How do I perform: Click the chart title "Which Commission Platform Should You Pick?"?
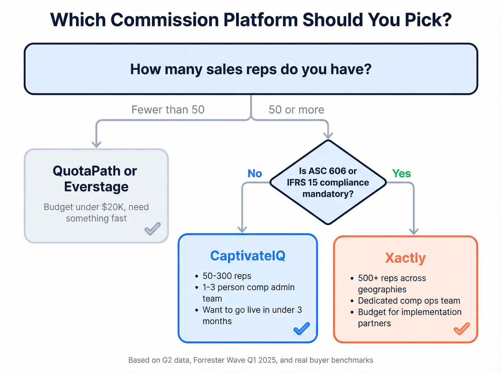click(251, 20)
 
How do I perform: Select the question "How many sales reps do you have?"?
click(251, 69)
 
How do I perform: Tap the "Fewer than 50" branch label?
click(168, 110)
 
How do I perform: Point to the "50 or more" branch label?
click(297, 110)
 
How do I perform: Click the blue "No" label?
click(255, 174)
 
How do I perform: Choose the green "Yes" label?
click(401, 174)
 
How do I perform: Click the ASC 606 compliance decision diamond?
click(328, 183)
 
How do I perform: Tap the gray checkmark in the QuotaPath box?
click(152, 228)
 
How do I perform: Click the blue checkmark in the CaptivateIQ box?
click(302, 328)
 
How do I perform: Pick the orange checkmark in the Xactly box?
click(461, 328)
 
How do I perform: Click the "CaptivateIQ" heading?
click(248, 256)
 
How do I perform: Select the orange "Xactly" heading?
click(405, 258)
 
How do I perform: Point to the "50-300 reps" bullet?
click(227, 276)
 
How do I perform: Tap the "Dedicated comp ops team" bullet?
click(409, 301)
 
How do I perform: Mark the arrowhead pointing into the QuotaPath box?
click(96, 144)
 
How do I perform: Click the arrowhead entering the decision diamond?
click(328, 135)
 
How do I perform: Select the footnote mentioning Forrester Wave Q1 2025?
click(251, 360)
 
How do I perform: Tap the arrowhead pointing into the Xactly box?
click(414, 231)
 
